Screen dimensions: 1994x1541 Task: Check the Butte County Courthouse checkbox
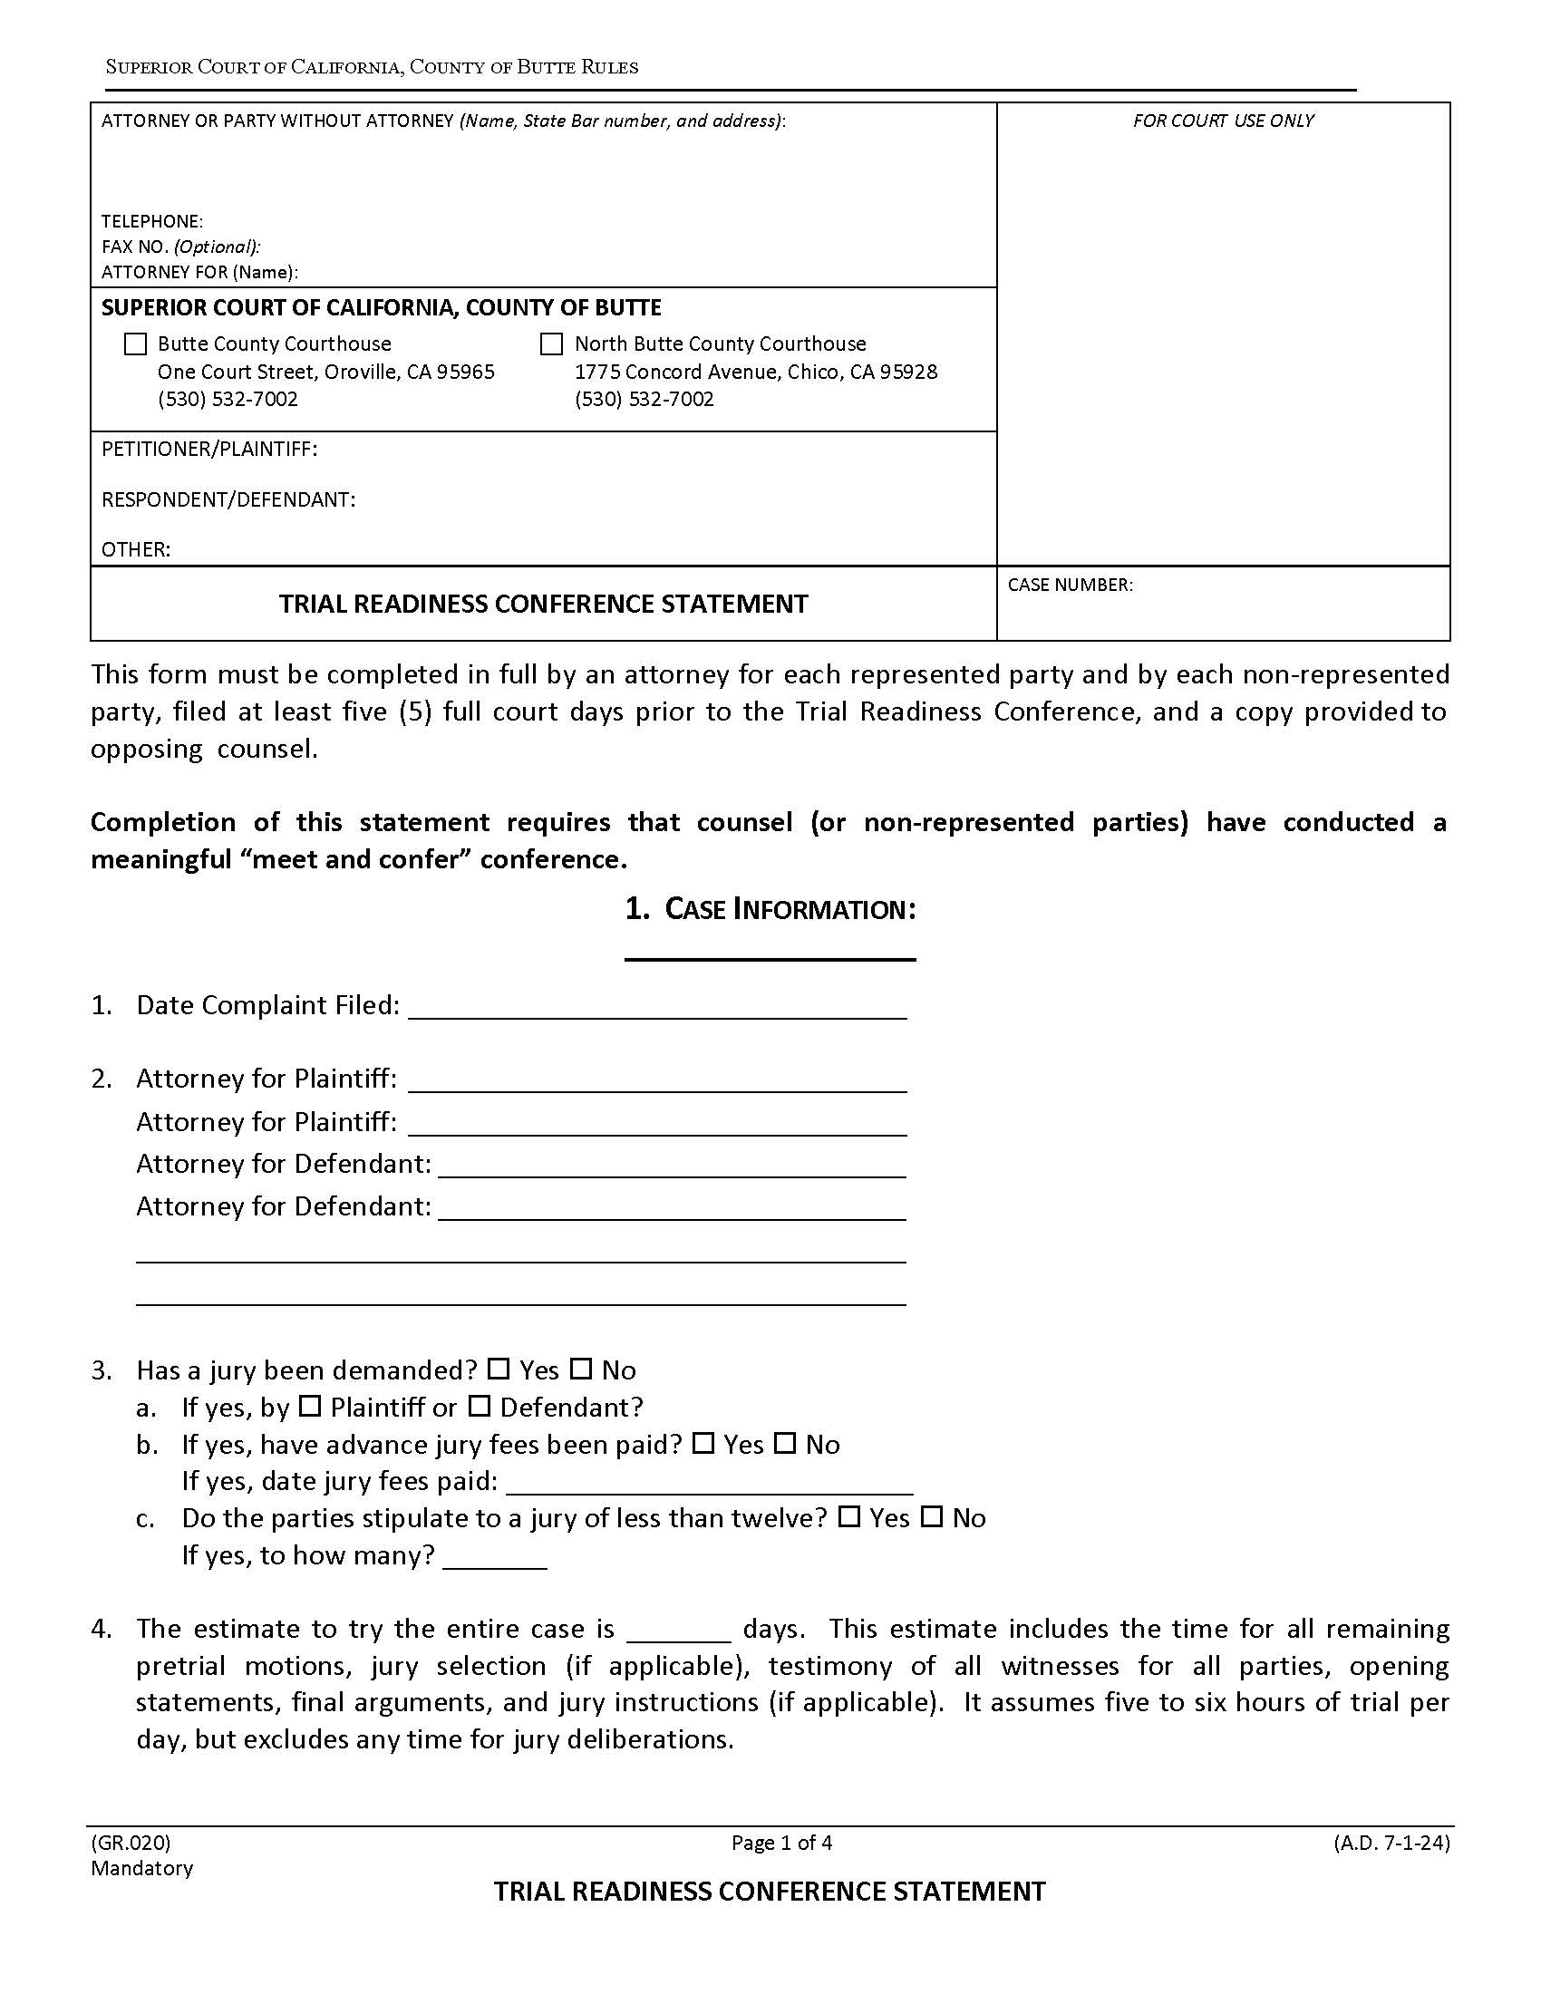(x=135, y=344)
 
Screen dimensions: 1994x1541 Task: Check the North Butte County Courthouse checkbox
(x=551, y=344)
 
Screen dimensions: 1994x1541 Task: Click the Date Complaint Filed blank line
(x=657, y=1007)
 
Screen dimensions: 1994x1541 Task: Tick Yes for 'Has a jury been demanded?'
(x=499, y=1370)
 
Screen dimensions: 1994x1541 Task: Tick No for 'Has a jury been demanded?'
(x=581, y=1370)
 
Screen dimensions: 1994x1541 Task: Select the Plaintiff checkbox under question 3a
(x=310, y=1407)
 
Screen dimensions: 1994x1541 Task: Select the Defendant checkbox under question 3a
(x=480, y=1407)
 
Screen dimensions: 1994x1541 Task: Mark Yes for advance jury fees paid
(x=703, y=1445)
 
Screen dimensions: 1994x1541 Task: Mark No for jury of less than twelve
(x=931, y=1517)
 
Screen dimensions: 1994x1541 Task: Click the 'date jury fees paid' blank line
(x=710, y=1482)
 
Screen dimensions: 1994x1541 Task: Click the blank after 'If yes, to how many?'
(x=495, y=1555)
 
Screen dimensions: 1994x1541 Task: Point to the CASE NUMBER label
(x=1070, y=586)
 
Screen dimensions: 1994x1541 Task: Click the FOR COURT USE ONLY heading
(x=1223, y=121)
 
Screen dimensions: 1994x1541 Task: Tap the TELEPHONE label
(x=151, y=222)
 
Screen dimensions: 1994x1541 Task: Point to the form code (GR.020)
(x=131, y=1843)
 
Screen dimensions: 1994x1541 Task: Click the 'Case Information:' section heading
(x=770, y=909)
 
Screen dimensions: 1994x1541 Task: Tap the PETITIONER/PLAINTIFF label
(x=209, y=450)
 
